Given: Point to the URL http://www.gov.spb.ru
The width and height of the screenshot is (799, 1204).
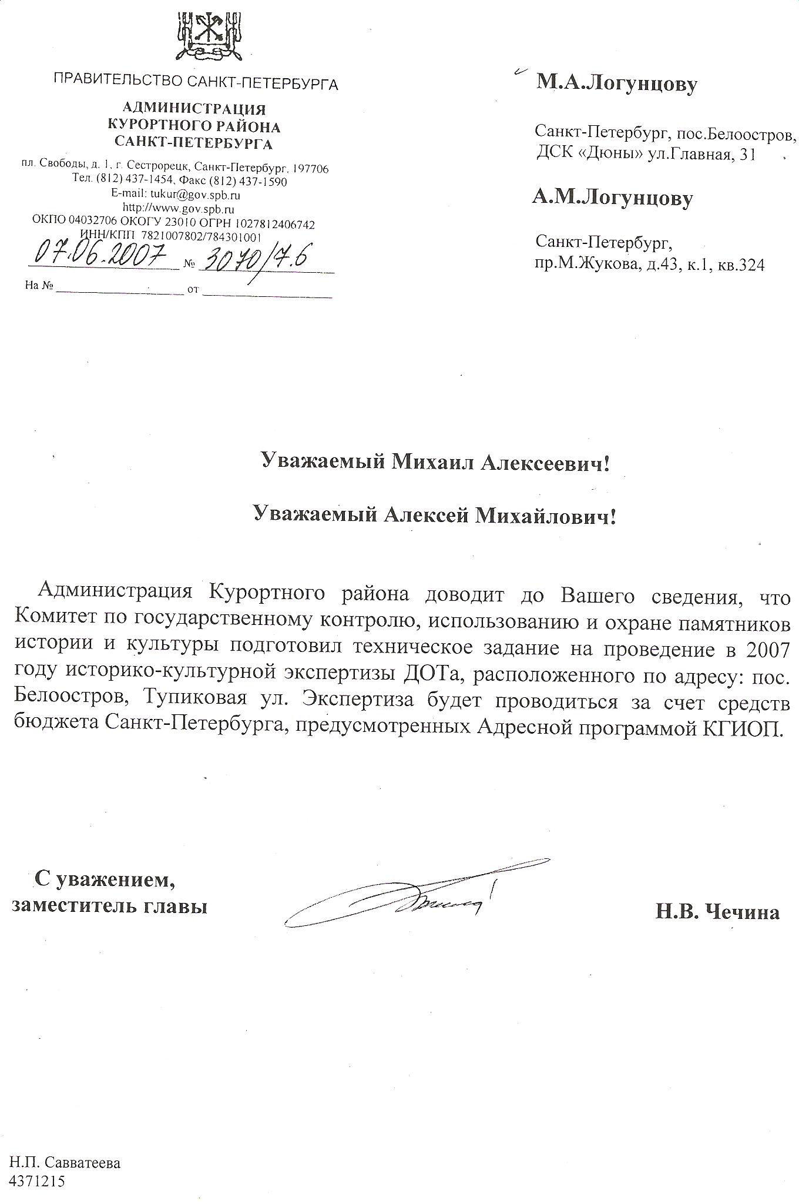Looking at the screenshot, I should [179, 209].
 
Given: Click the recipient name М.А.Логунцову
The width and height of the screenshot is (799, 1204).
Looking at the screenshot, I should [616, 84].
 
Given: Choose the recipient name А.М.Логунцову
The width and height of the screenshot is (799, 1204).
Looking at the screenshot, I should [612, 198].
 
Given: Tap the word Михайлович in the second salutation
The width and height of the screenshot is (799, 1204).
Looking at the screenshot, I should [546, 515].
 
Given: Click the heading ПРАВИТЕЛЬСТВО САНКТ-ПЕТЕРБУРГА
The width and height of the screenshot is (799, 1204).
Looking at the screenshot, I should [196, 83].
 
